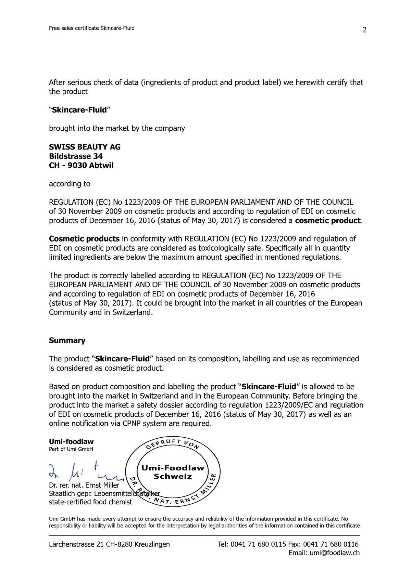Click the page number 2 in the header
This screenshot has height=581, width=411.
point(364,30)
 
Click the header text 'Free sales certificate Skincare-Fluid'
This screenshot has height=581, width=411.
point(91,28)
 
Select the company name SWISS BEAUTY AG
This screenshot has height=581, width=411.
point(85,147)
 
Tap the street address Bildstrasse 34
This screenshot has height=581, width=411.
point(76,156)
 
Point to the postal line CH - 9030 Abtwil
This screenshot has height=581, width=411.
point(81,166)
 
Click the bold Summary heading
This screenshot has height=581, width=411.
point(67,340)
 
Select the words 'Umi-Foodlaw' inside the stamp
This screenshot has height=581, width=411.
point(173,468)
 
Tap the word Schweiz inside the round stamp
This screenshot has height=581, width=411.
point(173,477)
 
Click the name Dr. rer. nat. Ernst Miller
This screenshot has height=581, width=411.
point(84,485)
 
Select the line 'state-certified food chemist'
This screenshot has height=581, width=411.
point(90,502)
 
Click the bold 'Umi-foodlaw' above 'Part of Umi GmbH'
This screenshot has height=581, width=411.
point(71,442)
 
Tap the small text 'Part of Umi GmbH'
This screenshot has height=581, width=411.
point(71,449)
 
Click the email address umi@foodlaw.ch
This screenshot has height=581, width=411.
point(335,553)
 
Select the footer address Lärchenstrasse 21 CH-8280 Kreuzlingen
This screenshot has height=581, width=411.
point(109,544)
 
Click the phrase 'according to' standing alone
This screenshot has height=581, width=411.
point(70,184)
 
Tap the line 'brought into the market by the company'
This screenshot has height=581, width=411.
point(117,129)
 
